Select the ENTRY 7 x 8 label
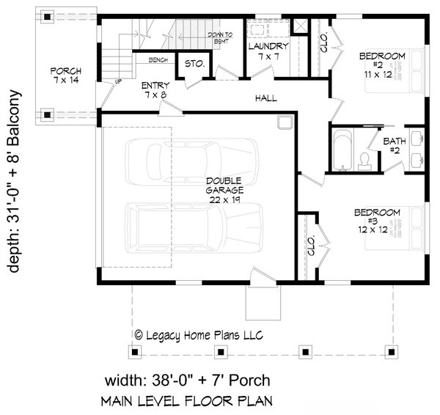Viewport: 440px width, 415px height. (157, 89)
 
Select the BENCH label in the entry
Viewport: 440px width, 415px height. (160, 59)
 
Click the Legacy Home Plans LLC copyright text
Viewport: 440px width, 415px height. (199, 334)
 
